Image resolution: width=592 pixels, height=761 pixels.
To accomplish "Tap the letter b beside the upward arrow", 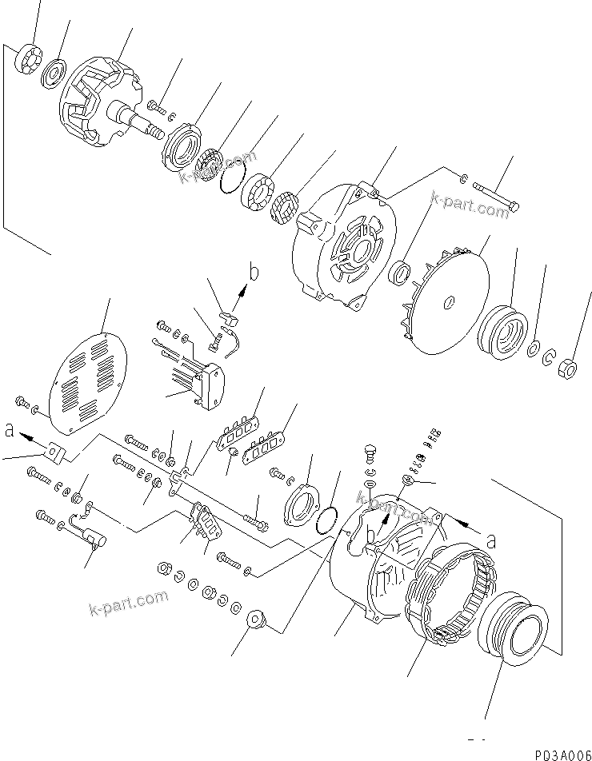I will (x=254, y=273).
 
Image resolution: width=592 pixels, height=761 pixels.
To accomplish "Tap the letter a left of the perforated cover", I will (x=10, y=430).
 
